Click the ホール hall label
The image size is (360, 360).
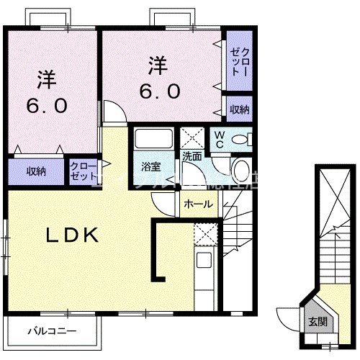pos(197,204)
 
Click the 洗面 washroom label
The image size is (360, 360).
pos(191,156)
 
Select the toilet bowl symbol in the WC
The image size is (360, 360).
pos(242,139)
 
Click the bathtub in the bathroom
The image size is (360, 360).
pos(152,140)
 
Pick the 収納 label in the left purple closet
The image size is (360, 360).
pos(37,171)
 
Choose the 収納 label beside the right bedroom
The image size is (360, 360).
pos(240,110)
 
